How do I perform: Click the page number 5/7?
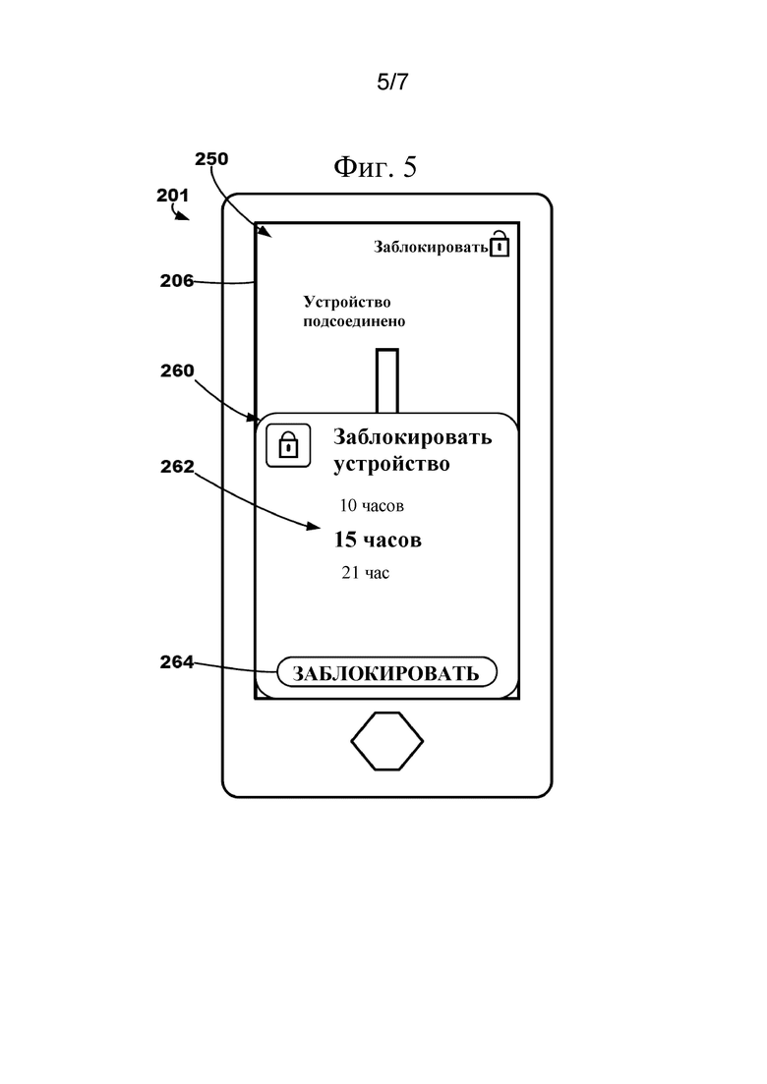coord(392,83)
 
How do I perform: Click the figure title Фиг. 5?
coord(376,167)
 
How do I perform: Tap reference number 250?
coord(211,159)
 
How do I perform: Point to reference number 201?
coord(173,195)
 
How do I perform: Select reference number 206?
coord(176,281)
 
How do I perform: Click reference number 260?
coord(177,371)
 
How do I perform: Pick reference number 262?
coord(177,467)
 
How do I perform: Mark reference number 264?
coord(176,661)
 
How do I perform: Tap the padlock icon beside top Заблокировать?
coord(500,244)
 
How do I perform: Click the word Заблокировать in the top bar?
coord(431,247)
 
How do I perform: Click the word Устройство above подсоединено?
coord(347,302)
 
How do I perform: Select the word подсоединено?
coord(354,321)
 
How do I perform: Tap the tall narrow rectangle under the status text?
coord(387,381)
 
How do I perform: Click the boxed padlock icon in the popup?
coord(288,444)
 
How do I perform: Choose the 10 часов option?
coord(372,506)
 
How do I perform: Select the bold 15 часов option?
coord(378,540)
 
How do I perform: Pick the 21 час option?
coord(365,572)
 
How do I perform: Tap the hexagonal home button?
coord(387,741)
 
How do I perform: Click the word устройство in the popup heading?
coord(391,464)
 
